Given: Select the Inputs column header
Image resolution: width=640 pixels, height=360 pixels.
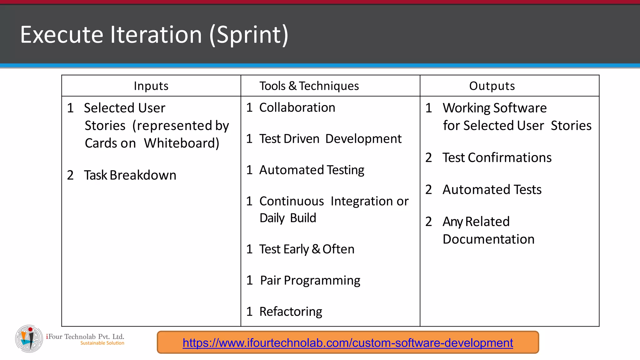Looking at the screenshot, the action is [x=151, y=86].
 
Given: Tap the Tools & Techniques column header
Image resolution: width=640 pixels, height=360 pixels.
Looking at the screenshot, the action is [x=309, y=86].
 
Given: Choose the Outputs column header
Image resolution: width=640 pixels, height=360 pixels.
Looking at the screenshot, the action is [x=492, y=86].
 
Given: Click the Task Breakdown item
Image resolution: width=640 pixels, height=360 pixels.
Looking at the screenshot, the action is [x=130, y=175].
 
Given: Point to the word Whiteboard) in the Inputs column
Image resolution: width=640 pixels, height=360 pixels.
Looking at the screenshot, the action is [x=182, y=143].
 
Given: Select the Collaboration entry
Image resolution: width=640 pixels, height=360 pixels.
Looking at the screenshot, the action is [x=297, y=107].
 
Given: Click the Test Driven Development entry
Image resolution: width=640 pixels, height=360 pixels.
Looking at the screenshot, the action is [x=330, y=139].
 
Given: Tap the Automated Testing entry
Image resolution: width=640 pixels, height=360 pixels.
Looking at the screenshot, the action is [x=312, y=170].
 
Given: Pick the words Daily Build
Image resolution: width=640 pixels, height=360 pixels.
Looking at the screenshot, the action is [x=288, y=218].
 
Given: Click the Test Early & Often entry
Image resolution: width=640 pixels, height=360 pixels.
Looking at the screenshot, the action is [x=307, y=249].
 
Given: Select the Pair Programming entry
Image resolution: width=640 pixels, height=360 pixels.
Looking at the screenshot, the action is [x=310, y=281].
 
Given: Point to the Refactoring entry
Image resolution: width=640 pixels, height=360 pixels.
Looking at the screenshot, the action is [x=291, y=312].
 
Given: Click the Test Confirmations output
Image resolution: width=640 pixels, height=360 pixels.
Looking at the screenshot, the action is [x=497, y=157].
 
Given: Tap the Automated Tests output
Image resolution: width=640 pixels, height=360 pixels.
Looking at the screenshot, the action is [x=492, y=190].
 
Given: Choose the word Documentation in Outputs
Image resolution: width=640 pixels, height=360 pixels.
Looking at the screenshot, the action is [x=488, y=239].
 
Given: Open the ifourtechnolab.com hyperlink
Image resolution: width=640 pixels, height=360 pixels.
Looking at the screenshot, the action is [x=348, y=343].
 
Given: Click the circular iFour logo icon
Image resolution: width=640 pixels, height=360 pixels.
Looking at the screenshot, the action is [x=29, y=339].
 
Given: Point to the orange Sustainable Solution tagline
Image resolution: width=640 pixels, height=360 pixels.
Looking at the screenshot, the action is [x=102, y=343].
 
